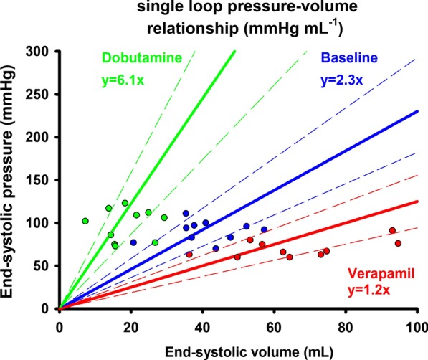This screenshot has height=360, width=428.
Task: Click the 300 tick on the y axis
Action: (42, 51)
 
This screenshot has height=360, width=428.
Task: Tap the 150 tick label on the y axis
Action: (42, 180)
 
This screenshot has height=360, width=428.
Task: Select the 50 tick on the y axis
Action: (44, 266)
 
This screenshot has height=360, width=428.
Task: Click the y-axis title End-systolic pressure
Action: (12, 179)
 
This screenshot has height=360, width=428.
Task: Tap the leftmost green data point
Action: (85, 221)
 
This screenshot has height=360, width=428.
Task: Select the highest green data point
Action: (125, 203)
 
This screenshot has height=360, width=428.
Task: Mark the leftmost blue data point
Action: (133, 242)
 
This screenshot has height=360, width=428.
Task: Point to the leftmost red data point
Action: (189, 255)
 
